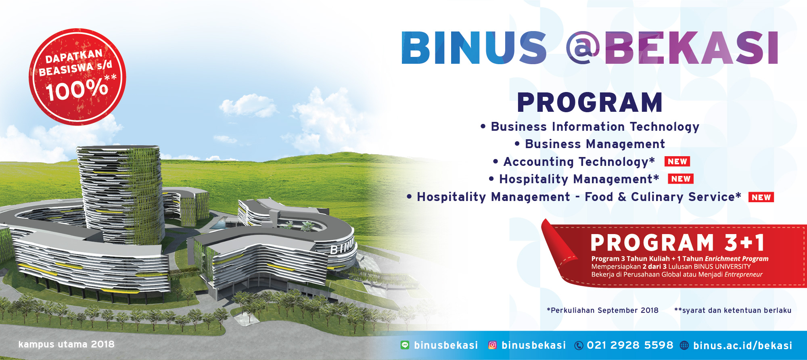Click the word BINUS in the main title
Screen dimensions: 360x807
point(474,48)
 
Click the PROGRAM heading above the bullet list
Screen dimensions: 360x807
point(590,103)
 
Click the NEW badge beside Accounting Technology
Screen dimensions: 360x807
point(677,161)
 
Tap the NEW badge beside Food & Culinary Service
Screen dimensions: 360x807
point(761,197)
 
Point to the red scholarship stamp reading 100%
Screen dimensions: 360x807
point(77,77)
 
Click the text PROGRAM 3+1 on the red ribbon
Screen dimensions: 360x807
point(677,243)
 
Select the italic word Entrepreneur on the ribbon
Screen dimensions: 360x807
point(743,274)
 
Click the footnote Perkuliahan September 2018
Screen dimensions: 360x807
point(602,310)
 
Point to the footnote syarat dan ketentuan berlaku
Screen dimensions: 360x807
point(733,310)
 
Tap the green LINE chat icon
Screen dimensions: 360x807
point(405,345)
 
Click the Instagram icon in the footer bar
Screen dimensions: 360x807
point(492,345)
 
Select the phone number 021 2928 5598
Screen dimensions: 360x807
point(630,345)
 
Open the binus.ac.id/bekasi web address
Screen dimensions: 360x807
point(742,345)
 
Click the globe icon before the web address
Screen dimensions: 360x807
point(684,345)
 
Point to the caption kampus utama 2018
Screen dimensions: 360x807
point(66,344)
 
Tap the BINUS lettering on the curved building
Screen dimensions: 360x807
point(341,247)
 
